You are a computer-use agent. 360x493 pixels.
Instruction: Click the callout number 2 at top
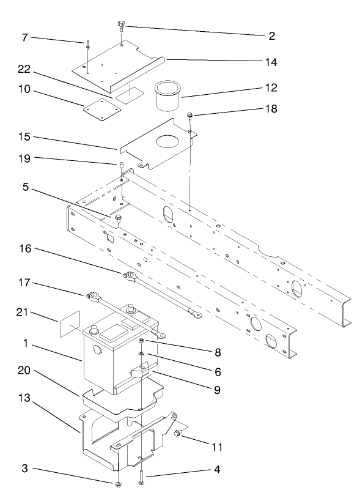pyautogui.click(x=271, y=36)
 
